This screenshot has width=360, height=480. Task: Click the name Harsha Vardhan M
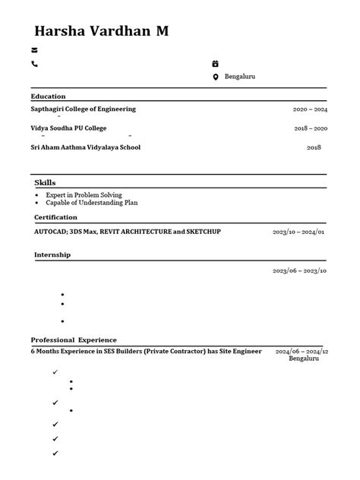[x=101, y=31]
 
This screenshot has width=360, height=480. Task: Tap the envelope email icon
[x=34, y=50]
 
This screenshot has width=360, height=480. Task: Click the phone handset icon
[x=34, y=64]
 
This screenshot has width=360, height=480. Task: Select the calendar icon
[x=215, y=64]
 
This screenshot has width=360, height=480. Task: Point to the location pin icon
[x=215, y=77]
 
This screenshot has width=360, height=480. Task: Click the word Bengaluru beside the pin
[x=240, y=77]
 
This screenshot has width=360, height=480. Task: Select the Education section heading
[x=48, y=96]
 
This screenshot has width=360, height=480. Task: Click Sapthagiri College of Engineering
[x=83, y=109]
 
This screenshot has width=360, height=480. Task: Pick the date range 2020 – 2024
[x=310, y=109]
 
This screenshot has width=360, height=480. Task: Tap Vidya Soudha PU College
[x=68, y=128]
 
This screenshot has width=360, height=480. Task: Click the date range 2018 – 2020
[x=310, y=129]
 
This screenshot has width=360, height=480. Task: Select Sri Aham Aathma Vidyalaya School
[x=85, y=147]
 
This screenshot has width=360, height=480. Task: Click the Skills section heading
[x=45, y=182]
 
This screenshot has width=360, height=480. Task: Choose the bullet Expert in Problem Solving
[x=84, y=195]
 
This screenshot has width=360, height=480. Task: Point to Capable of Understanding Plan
[x=91, y=203]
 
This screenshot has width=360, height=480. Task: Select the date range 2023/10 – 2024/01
[x=299, y=231]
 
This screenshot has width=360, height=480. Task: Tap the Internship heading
[x=52, y=254]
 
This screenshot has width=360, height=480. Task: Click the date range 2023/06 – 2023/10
[x=299, y=270]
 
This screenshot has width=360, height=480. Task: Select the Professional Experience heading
[x=74, y=339]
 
